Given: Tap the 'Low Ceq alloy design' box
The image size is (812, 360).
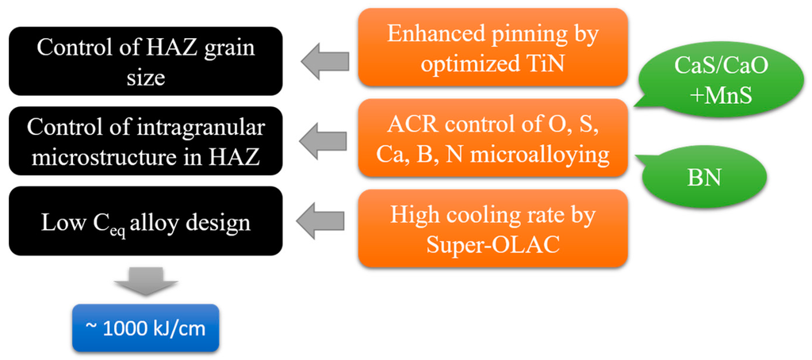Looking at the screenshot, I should [x=145, y=221].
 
